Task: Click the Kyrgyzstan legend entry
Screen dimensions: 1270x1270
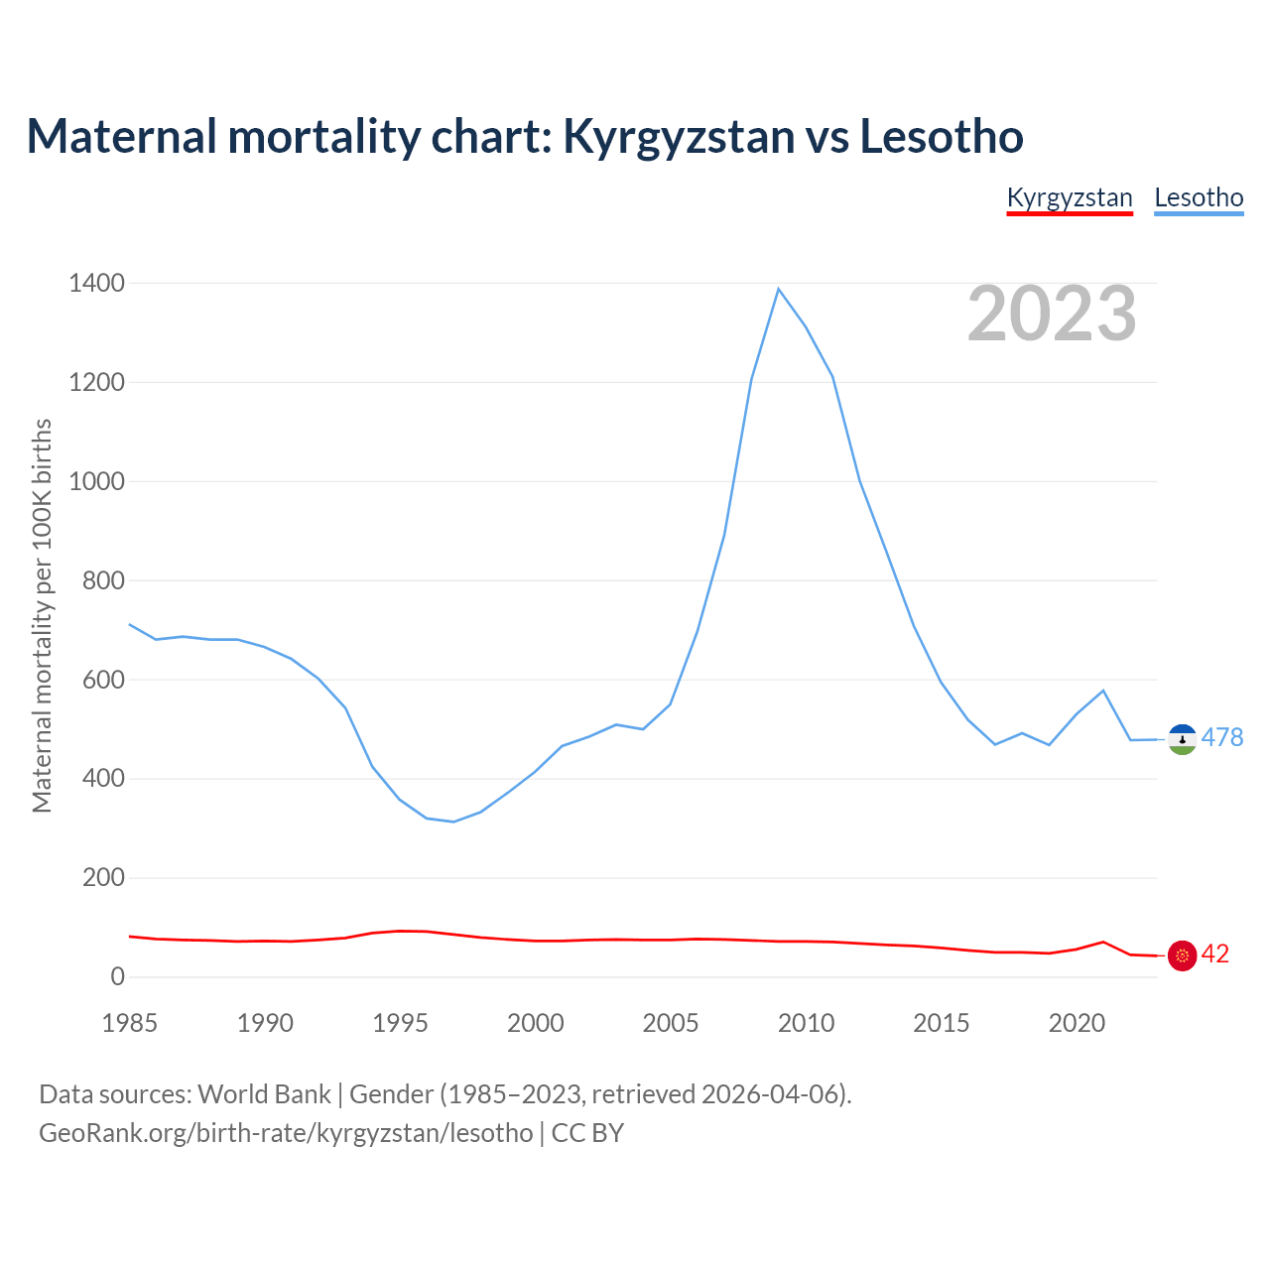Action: (x=1070, y=197)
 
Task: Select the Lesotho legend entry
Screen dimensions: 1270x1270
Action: (x=1199, y=197)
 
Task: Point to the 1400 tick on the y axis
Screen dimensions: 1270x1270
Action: (x=97, y=284)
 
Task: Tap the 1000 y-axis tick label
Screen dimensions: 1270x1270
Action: (x=97, y=482)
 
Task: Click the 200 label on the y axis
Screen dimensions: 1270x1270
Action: (x=103, y=878)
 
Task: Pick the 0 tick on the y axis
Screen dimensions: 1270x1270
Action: (x=118, y=977)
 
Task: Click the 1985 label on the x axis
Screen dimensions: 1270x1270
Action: (x=130, y=1023)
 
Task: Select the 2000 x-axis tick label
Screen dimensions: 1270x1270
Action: (x=536, y=1023)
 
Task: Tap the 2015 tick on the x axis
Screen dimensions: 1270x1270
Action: (x=942, y=1023)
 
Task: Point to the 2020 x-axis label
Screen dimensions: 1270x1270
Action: (x=1077, y=1023)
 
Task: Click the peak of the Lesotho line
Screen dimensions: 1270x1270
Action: (x=779, y=289)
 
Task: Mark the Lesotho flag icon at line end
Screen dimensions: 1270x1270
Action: (x=1183, y=739)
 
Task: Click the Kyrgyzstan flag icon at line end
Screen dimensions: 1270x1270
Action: (x=1183, y=955)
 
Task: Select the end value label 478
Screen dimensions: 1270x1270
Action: (x=1221, y=737)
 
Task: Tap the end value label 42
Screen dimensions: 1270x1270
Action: (x=1215, y=954)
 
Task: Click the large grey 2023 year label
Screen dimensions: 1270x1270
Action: (x=1052, y=314)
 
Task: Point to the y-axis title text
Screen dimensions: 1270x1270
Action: (x=42, y=615)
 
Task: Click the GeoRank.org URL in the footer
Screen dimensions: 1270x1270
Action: (x=286, y=1133)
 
